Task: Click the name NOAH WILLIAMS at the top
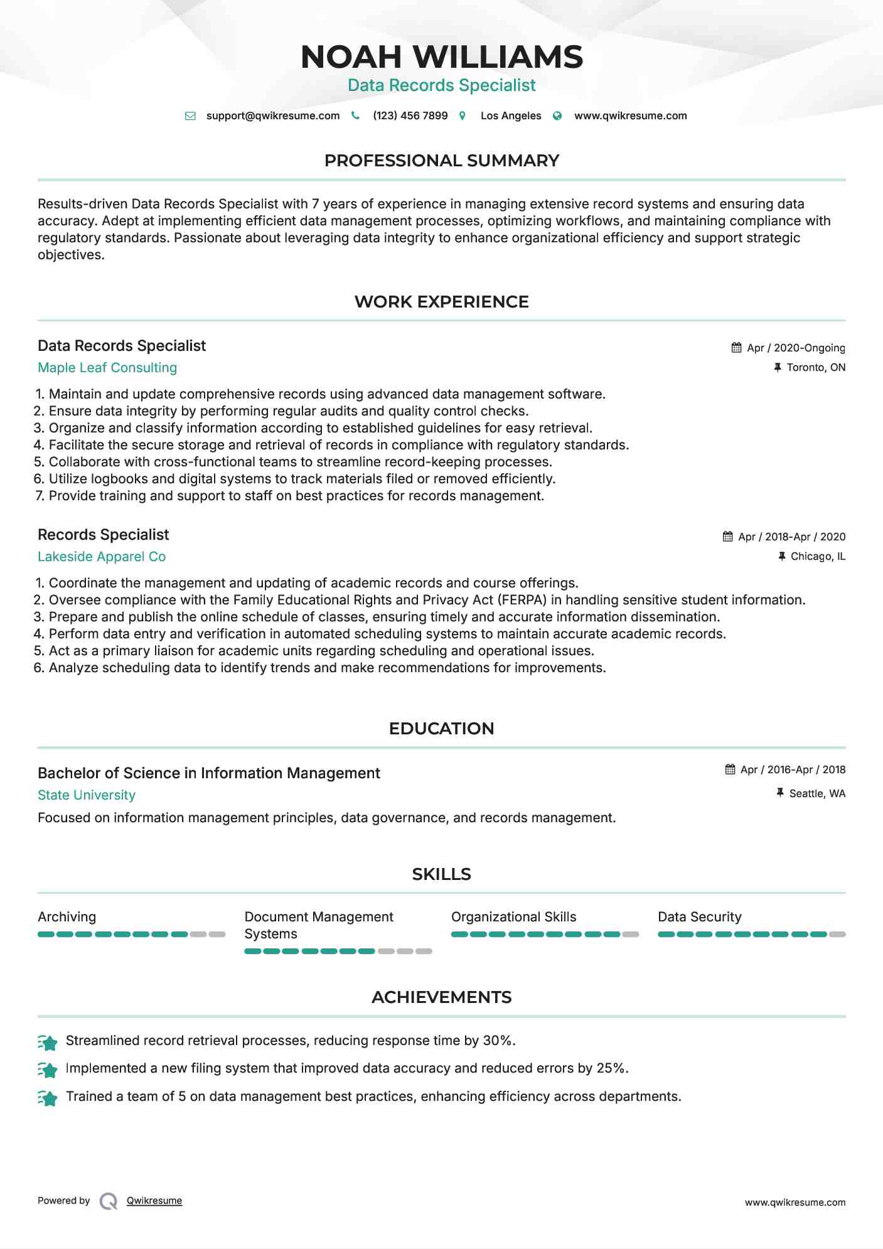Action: tap(441, 57)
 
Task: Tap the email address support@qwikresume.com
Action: tap(272, 115)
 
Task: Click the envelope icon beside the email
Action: tap(190, 116)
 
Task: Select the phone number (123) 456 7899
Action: tap(410, 115)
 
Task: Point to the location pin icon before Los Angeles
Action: tap(463, 116)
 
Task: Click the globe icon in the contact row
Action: tap(557, 116)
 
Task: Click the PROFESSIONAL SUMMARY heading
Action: tap(441, 161)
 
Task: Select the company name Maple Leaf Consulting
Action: tap(107, 368)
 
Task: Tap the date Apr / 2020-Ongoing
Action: tap(796, 348)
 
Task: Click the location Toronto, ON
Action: tap(816, 367)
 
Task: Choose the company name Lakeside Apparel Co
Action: tap(102, 557)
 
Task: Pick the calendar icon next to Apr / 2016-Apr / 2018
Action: tap(730, 769)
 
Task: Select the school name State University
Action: tap(87, 795)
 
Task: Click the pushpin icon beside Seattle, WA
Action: tap(780, 793)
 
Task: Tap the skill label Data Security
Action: tap(699, 917)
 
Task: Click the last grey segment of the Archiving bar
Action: tap(217, 935)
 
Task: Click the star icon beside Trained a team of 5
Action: tap(48, 1098)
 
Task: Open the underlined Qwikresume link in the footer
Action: tap(154, 1201)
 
